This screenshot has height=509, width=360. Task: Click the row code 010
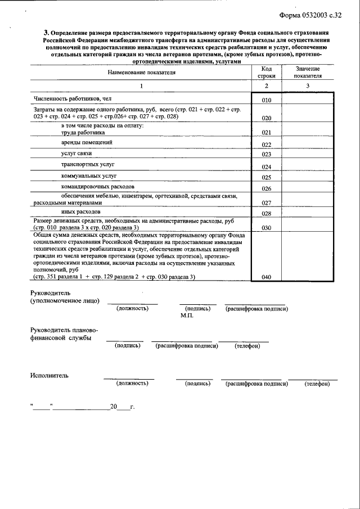point(267,101)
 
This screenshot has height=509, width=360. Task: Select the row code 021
point(267,133)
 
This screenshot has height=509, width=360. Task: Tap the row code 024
point(267,167)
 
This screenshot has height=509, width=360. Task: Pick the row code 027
point(267,202)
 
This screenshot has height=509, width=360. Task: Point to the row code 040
point(267,277)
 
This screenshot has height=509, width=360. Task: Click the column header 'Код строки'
point(267,72)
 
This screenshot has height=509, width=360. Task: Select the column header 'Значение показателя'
point(308,71)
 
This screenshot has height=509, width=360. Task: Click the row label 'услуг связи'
point(76,154)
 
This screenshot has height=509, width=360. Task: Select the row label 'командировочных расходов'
point(98,186)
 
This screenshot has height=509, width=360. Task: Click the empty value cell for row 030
point(308,224)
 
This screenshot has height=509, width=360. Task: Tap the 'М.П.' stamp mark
point(187,316)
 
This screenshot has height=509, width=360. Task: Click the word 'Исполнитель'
point(49,375)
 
